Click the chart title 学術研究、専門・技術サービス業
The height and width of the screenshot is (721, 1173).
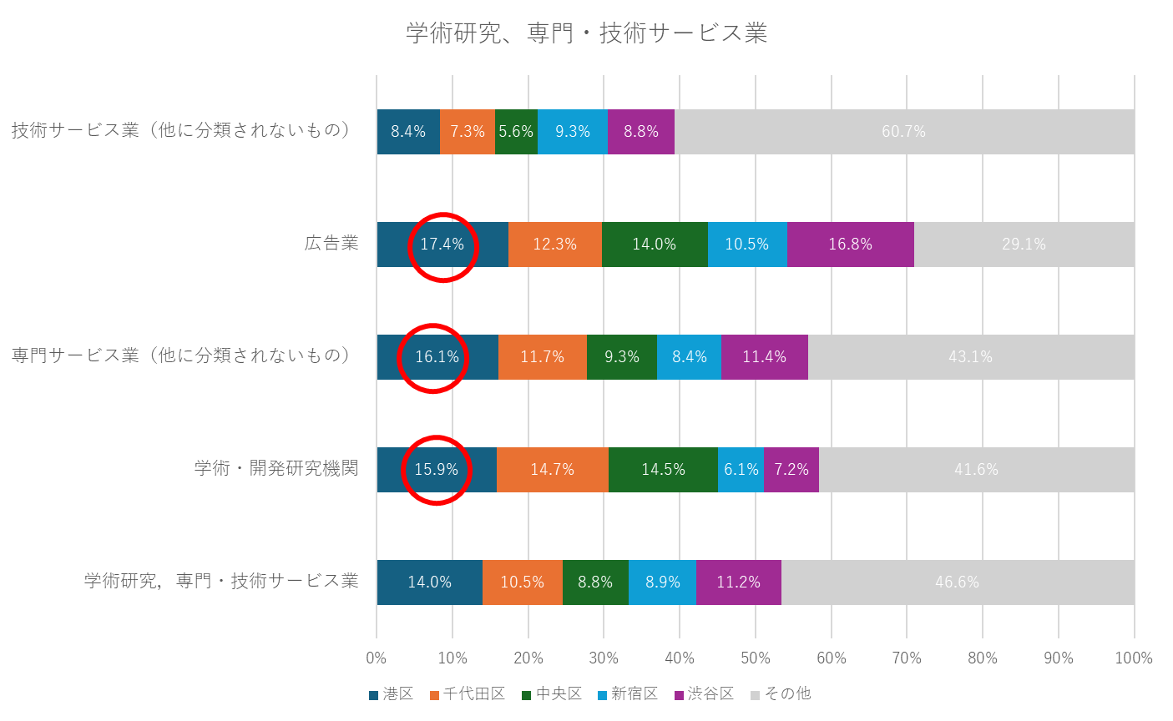coord(586,33)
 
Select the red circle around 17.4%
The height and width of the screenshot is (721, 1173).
coord(442,246)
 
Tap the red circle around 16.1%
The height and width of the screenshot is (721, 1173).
coord(432,358)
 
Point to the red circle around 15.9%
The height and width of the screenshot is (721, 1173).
coord(437,470)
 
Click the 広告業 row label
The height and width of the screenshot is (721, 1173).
coord(331,244)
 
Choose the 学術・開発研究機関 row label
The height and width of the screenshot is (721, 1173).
coord(276,468)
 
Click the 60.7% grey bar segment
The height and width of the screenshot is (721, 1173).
coord(904,132)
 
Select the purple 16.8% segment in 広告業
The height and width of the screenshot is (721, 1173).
coord(850,245)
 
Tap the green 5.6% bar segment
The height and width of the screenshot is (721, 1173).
coord(516,132)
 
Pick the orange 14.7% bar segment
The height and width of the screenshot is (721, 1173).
coord(552,470)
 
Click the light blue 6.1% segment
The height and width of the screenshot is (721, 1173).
coord(741,470)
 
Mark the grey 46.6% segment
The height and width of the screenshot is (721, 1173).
coord(957,582)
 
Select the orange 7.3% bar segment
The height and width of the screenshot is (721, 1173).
coord(467,132)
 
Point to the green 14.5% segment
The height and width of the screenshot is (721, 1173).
coord(663,470)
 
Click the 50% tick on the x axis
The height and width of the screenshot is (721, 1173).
coord(756,658)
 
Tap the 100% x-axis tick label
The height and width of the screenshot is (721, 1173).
coord(1134,658)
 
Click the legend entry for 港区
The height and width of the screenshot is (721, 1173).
coord(391,694)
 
